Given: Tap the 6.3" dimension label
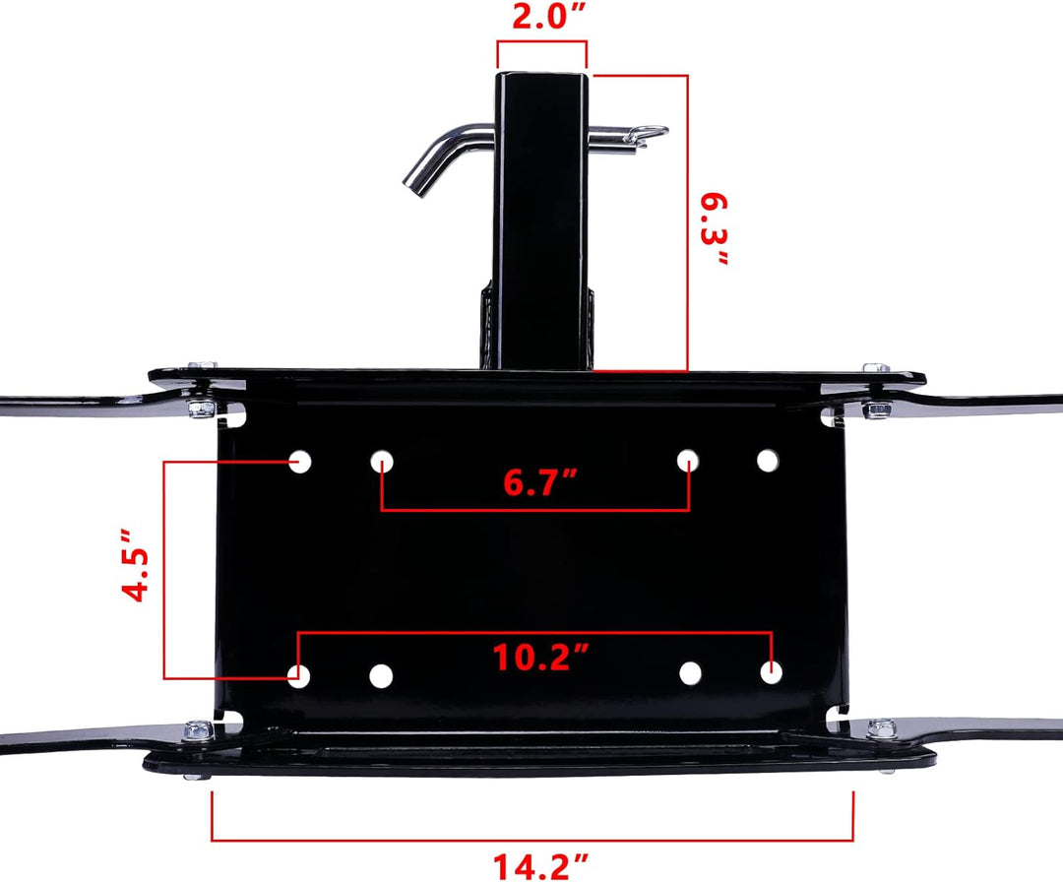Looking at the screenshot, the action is (715, 229).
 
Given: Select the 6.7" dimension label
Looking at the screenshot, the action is (540, 482).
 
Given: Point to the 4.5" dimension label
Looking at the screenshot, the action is (135, 565).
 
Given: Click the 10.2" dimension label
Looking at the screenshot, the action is (540, 657).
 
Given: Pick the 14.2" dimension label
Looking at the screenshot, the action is (540, 866).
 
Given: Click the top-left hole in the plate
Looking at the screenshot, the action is (299, 462).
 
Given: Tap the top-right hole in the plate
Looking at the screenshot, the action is (768, 461).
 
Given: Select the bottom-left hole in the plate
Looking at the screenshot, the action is (299, 676).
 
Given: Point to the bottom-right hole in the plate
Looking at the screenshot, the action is (771, 672).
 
